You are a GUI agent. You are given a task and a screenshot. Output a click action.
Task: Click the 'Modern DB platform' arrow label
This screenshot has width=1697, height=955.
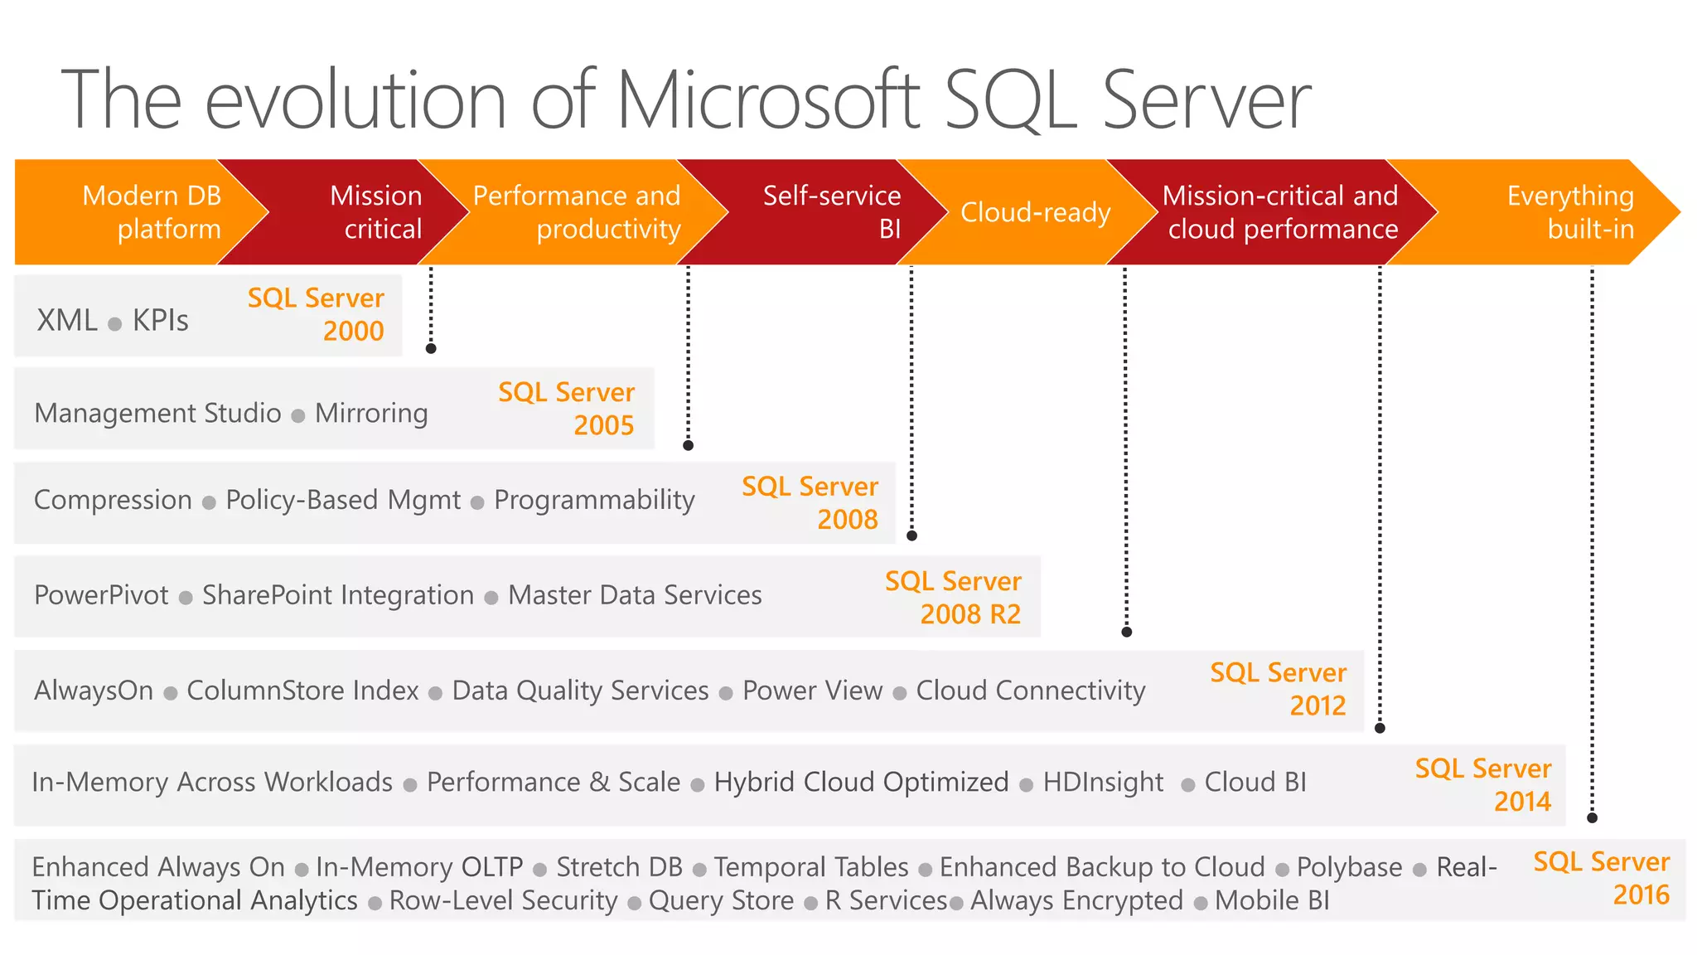tap(152, 212)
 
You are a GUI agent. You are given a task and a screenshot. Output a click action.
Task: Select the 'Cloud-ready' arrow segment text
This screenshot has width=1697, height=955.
tap(1035, 213)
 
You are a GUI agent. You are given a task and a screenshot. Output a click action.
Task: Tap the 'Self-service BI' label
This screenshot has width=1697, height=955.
tap(831, 212)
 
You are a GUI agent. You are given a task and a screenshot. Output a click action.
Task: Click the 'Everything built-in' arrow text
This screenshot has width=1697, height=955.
tap(1570, 212)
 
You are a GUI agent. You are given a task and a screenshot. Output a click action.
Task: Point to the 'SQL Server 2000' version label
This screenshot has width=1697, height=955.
tap(316, 314)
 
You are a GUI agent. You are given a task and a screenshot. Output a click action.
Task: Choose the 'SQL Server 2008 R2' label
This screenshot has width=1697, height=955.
tap(953, 598)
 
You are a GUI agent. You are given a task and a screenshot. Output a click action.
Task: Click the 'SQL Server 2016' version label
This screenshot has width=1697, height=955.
tap(1601, 879)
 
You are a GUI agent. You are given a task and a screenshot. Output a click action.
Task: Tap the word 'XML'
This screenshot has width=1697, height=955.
tap(66, 321)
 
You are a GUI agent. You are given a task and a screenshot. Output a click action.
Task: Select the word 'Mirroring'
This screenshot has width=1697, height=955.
tap(371, 413)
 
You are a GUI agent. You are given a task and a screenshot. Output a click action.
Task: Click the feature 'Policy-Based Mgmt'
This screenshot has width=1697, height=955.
tap(343, 500)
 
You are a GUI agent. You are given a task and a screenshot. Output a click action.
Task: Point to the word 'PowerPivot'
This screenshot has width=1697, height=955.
tap(101, 595)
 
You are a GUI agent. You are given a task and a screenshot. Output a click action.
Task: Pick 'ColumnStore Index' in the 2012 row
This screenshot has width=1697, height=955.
tap(302, 691)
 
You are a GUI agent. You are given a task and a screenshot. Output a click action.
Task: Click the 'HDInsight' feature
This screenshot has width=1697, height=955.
tap(1103, 783)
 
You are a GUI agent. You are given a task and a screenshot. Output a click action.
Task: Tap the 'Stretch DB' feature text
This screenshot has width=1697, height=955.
tap(619, 867)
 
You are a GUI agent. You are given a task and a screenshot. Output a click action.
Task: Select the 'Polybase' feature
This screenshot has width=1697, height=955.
tap(1349, 867)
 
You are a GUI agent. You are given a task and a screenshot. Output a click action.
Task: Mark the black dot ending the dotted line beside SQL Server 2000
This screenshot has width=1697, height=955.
tap(431, 349)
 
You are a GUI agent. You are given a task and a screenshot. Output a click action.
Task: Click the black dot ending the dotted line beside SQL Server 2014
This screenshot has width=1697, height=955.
tap(1592, 818)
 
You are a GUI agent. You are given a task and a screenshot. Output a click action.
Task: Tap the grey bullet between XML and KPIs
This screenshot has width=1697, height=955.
tap(115, 324)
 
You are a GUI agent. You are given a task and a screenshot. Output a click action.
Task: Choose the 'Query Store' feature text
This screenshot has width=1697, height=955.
tap(721, 900)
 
